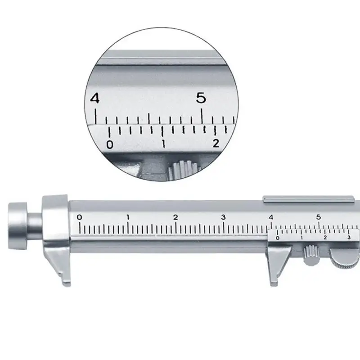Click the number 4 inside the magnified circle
(94, 99)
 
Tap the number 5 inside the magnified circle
(201, 99)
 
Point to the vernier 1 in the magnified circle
(163, 144)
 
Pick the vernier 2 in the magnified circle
(216, 144)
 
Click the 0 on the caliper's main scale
(80, 217)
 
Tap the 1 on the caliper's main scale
(128, 217)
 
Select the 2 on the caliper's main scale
(175, 217)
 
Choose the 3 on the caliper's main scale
(224, 217)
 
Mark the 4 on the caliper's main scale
(271, 217)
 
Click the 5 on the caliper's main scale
(319, 217)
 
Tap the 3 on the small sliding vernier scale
(349, 237)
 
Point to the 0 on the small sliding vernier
(277, 238)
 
